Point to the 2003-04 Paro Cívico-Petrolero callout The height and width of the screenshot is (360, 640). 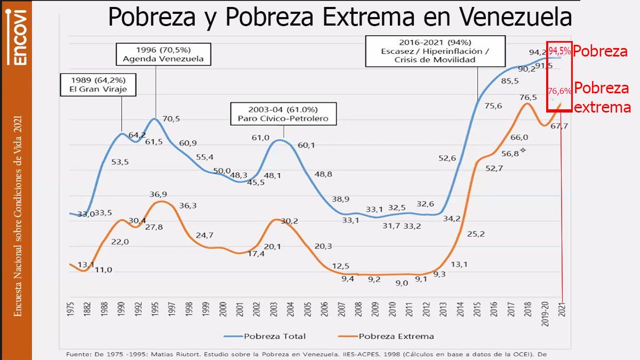[x=283, y=113]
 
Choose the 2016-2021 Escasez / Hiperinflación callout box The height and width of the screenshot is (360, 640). [x=435, y=51]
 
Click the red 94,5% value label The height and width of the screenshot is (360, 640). [x=559, y=51]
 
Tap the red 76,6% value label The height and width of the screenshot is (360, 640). [x=559, y=91]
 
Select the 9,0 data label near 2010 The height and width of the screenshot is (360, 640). [x=401, y=283]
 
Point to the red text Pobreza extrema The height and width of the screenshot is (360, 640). [x=602, y=98]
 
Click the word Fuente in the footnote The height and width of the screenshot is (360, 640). [x=79, y=354]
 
